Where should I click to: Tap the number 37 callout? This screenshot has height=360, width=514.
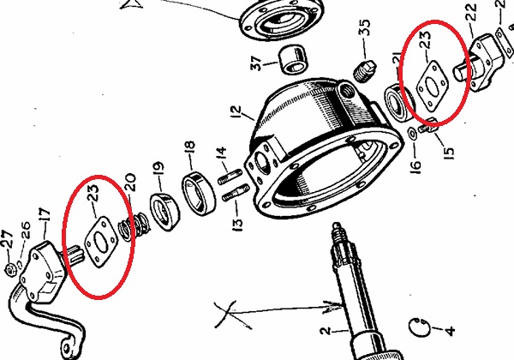(x=256, y=63)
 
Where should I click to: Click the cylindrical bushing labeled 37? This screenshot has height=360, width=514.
(x=293, y=59)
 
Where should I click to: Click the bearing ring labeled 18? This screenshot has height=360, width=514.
(x=199, y=194)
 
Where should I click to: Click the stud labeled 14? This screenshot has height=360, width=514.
(x=230, y=177)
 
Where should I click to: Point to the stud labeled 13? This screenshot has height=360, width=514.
(x=236, y=193)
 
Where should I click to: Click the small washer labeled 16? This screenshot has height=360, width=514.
(x=412, y=134)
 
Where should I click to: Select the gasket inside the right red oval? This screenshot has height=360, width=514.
(x=432, y=85)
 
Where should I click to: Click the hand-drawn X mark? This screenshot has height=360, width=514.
(x=226, y=314)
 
